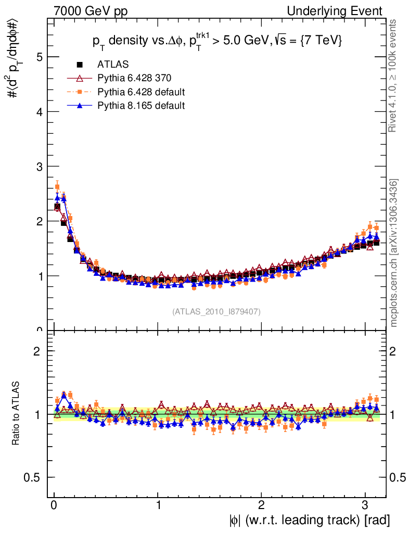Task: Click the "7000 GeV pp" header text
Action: pos(91,11)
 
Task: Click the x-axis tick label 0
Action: pos(54,505)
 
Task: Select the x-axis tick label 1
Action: pos(158,505)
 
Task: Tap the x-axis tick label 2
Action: pos(262,505)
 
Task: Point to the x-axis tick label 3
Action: pos(365,505)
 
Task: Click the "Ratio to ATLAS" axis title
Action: pos(16,414)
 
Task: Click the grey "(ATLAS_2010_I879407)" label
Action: pos(216,311)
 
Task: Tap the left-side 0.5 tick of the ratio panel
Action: pos(35,477)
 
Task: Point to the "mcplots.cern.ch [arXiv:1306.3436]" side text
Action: pos(394,253)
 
